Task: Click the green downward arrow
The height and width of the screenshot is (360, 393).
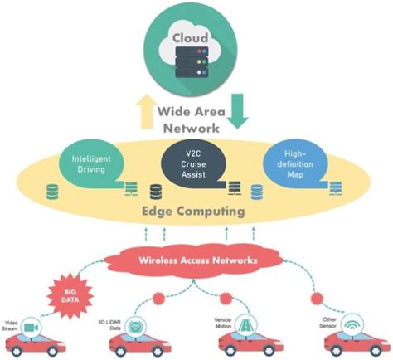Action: coord(237,110)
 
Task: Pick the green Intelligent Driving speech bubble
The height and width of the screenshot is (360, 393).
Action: coord(92,163)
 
